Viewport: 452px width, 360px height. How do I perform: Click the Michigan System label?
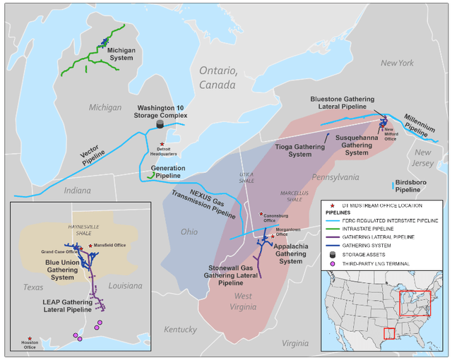point(121,54)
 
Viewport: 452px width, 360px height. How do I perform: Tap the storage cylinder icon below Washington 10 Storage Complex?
point(160,124)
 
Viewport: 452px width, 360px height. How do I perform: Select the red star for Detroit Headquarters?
point(162,144)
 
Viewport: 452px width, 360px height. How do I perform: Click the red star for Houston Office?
point(30,339)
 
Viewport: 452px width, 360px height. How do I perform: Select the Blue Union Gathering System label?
point(61,268)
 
